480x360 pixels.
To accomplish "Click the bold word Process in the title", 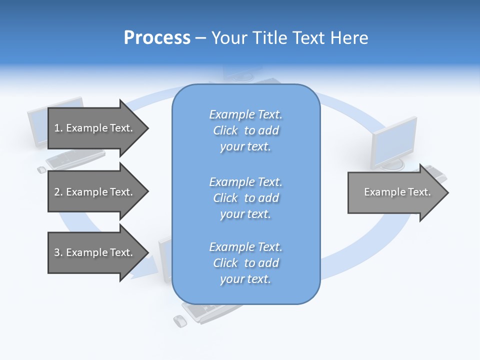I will click(x=157, y=38).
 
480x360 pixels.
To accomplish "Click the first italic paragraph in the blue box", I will click(x=245, y=130).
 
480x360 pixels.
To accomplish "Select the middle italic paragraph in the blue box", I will click(x=245, y=198).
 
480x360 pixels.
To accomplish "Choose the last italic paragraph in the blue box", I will click(x=245, y=263).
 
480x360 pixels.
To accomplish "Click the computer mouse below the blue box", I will click(x=179, y=321).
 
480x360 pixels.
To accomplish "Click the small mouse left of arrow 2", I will click(x=41, y=170).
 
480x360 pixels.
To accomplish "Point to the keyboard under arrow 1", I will click(x=75, y=158).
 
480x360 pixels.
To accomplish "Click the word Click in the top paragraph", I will click(x=225, y=130).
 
